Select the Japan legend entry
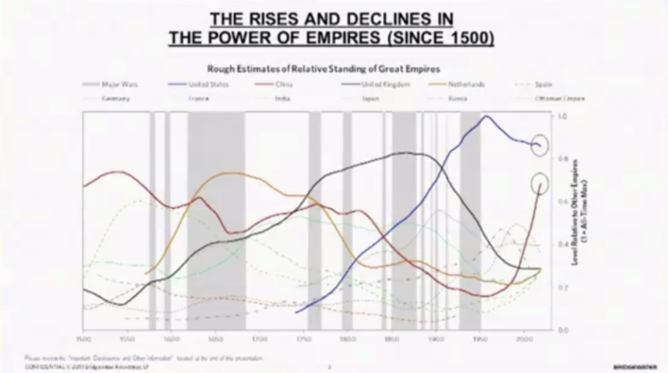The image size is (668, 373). (x=373, y=98)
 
